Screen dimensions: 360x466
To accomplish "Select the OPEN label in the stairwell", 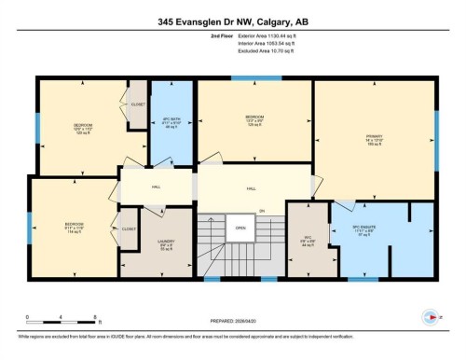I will tap(240, 228).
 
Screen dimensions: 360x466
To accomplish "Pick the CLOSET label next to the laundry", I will tap(129, 228).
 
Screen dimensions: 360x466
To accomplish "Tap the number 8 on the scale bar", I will tap(61, 317).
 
